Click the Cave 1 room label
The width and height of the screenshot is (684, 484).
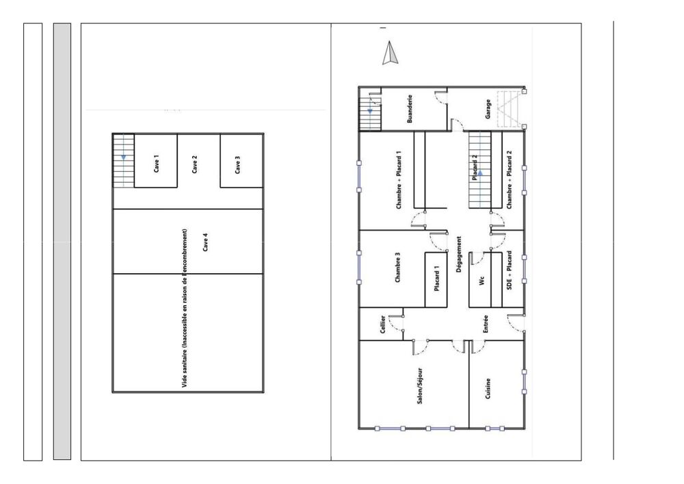157,163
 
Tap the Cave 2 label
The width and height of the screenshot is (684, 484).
195,164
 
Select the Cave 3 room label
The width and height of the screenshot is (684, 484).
237,165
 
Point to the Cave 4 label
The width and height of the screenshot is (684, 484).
205,242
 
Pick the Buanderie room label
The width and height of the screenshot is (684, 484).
410,108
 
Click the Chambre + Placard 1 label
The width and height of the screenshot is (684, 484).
398,179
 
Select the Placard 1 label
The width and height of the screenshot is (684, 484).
437,279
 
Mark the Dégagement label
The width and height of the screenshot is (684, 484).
459,256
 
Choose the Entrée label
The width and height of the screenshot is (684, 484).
486,323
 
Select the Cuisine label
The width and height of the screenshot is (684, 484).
488,393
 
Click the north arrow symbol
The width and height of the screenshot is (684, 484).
389,53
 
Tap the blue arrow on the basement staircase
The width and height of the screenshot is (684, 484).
123,157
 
